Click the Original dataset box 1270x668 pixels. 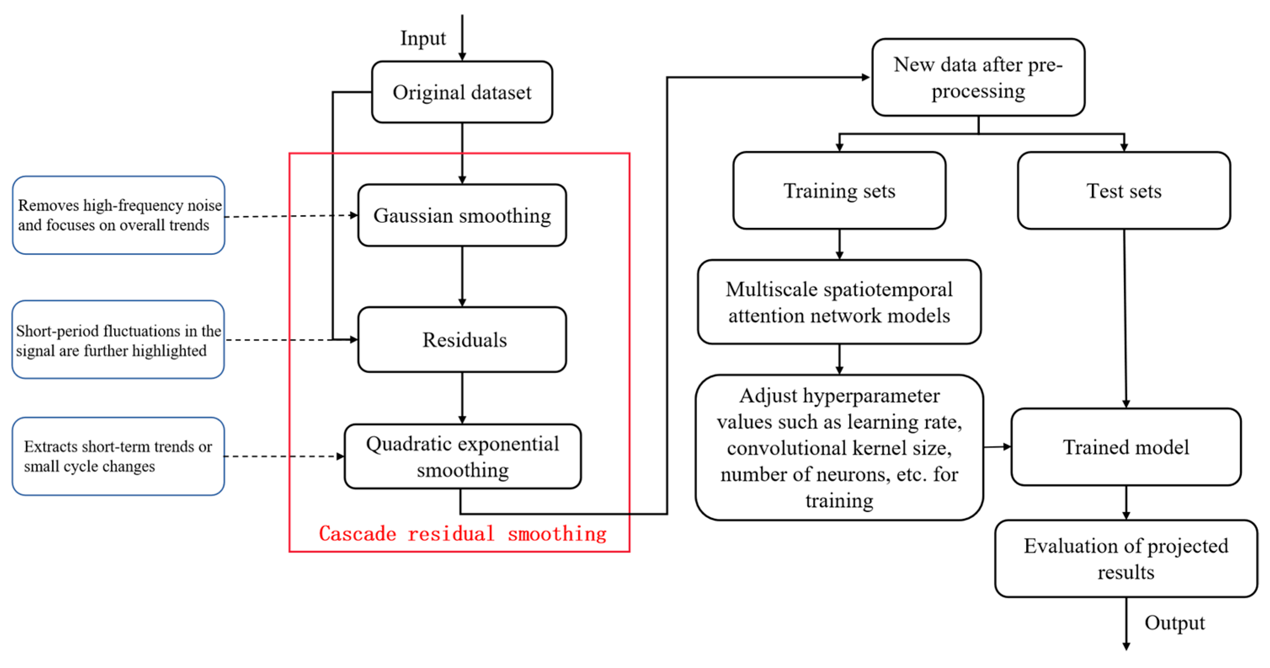pyautogui.click(x=462, y=92)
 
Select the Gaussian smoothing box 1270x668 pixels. pyautogui.click(x=462, y=215)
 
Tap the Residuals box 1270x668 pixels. pyautogui.click(x=462, y=339)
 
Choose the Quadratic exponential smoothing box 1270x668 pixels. pyautogui.click(x=463, y=456)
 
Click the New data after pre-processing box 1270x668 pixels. pyautogui.click(x=978, y=77)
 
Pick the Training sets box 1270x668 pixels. pyautogui.click(x=839, y=190)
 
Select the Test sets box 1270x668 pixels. pyautogui.click(x=1124, y=190)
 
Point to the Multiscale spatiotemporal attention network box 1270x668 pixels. pyautogui.click(x=839, y=302)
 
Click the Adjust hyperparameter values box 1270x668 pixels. pyautogui.click(x=839, y=447)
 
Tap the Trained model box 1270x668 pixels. pyautogui.click(x=1126, y=447)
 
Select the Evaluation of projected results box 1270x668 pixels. pyautogui.click(x=1126, y=558)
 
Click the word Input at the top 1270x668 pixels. pyautogui.click(x=423, y=38)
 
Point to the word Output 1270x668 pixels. pyautogui.click(x=1174, y=623)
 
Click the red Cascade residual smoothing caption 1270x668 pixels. pyautogui.click(x=463, y=534)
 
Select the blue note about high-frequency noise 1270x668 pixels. pyautogui.click(x=118, y=215)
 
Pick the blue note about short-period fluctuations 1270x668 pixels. pyautogui.click(x=118, y=339)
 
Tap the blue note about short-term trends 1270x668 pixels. pyautogui.click(x=118, y=456)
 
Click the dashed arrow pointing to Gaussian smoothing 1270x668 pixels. pyautogui.click(x=291, y=216)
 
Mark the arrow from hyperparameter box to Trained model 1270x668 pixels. pyautogui.click(x=997, y=447)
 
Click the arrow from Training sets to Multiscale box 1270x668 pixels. pyautogui.click(x=839, y=245)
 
